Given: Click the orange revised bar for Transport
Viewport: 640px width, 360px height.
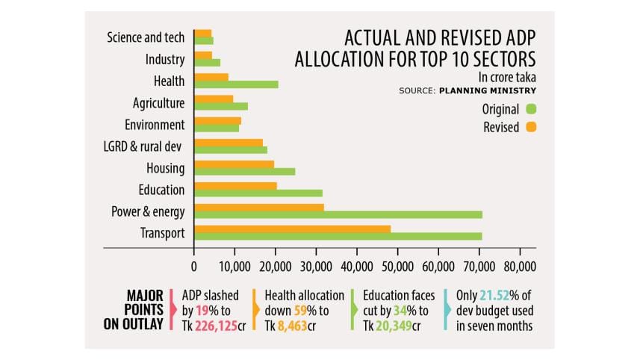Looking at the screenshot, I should pos(292,229).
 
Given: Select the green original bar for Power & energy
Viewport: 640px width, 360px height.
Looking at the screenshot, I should pos(338,214).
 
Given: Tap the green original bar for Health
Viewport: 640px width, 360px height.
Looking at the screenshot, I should pos(236,84).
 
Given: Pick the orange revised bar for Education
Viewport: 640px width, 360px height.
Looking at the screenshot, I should pos(235,185).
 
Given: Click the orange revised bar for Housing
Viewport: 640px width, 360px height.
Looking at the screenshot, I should pos(234,164).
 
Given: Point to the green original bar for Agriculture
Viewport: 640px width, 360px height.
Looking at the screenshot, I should pos(221,106).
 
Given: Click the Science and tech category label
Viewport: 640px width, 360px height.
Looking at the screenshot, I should pos(146,37).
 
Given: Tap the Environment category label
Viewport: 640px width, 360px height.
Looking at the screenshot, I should pos(155,124).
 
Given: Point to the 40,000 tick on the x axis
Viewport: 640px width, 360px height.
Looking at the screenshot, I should pos(356,264).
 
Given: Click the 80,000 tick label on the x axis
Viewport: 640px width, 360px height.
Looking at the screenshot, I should pos(518,264).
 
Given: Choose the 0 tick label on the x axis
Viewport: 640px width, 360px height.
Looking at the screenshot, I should pos(194,264).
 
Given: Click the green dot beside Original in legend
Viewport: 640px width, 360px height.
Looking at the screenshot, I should pos(532,109).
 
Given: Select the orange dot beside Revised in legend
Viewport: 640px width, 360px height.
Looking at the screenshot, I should pos(532,127).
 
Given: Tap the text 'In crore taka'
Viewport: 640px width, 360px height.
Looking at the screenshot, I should pos(507,77).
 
